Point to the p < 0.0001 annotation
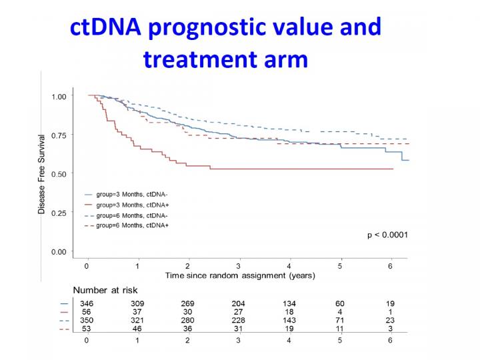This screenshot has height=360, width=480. coord(387,235)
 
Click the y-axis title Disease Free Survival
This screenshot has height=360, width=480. coord(42,173)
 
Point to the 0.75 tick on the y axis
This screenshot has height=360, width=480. coord(60,135)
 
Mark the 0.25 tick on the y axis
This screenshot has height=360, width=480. coord(60,213)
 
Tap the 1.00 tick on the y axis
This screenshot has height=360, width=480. coord(60,97)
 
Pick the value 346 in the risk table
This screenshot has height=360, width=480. coord(87,303)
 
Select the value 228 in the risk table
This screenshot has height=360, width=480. coord(239,320)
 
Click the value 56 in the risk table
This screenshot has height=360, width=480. coord(87,311)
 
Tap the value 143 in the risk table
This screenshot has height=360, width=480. coord(289,320)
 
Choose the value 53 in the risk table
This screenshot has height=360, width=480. coord(87,329)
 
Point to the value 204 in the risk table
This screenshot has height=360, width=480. coord(239,303)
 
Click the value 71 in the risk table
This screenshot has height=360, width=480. coord(340,320)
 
